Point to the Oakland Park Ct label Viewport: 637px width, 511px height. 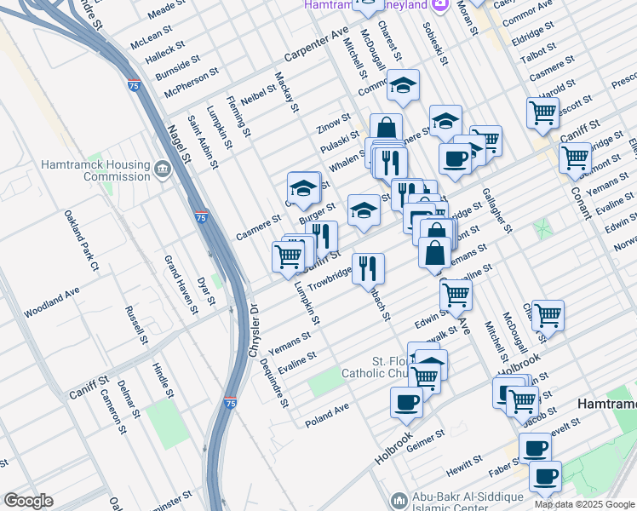(83, 242)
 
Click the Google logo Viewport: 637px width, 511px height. (28, 501)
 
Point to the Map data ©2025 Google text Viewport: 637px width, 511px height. (584, 504)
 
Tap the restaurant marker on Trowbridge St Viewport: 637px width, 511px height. (368, 270)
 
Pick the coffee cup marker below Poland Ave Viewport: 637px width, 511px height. (406, 402)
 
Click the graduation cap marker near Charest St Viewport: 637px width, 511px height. (404, 86)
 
